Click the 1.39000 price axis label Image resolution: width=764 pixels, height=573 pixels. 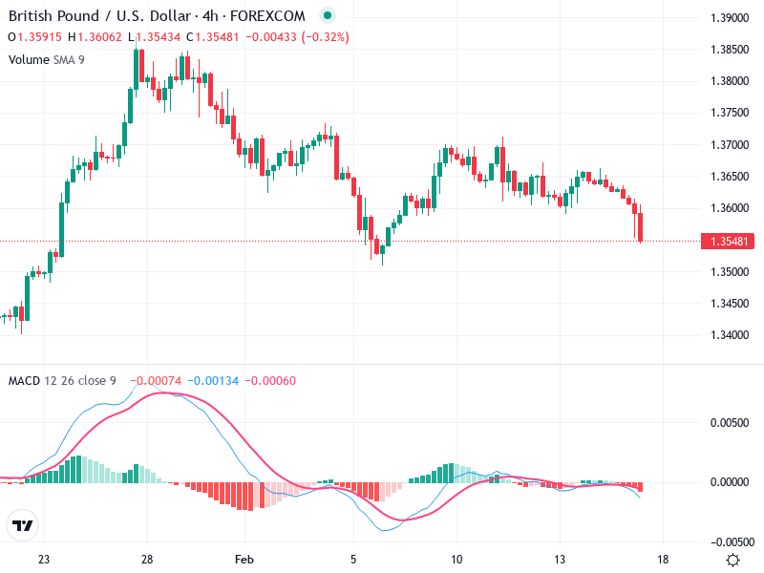(x=731, y=18)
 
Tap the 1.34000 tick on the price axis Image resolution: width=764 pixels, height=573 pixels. (x=731, y=335)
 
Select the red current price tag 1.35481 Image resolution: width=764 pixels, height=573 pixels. (x=731, y=242)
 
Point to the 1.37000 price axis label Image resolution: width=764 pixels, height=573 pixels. (x=731, y=145)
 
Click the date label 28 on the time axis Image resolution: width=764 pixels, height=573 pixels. (x=147, y=560)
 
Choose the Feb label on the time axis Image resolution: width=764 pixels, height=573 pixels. (x=245, y=560)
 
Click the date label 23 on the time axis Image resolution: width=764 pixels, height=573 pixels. (x=44, y=560)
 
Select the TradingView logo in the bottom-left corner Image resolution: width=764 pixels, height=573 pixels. (x=23, y=525)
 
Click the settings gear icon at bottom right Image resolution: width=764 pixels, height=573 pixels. (x=732, y=560)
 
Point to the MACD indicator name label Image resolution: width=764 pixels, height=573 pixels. (x=24, y=381)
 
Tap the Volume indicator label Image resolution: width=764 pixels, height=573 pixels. (x=29, y=59)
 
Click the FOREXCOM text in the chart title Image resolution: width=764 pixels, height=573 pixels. (x=272, y=16)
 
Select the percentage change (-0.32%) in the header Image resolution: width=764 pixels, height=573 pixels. (x=326, y=37)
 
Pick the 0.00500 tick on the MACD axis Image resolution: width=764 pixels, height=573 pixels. (x=731, y=421)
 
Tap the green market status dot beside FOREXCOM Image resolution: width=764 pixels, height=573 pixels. (x=328, y=16)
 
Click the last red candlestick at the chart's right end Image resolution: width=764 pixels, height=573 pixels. (x=641, y=227)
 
